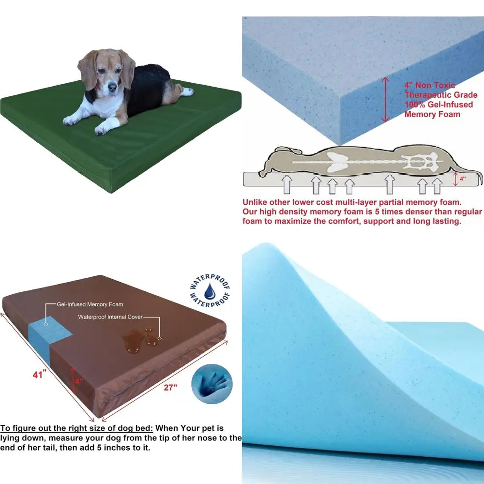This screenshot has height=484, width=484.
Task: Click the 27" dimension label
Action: click(170, 387)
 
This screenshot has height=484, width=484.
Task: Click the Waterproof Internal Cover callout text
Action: click(110, 318)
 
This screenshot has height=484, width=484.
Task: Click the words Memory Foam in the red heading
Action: click(432, 115)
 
